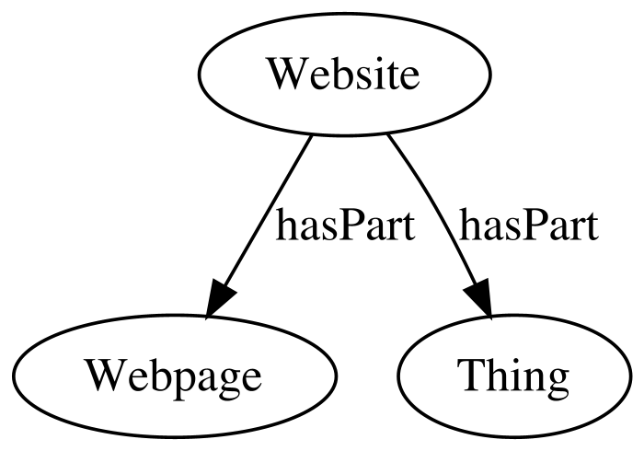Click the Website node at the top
pyautogui.click(x=345, y=74)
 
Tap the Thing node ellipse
pyautogui.click(x=513, y=376)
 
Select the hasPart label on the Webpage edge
pyautogui.click(x=345, y=225)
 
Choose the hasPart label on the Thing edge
pyautogui.click(x=528, y=225)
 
